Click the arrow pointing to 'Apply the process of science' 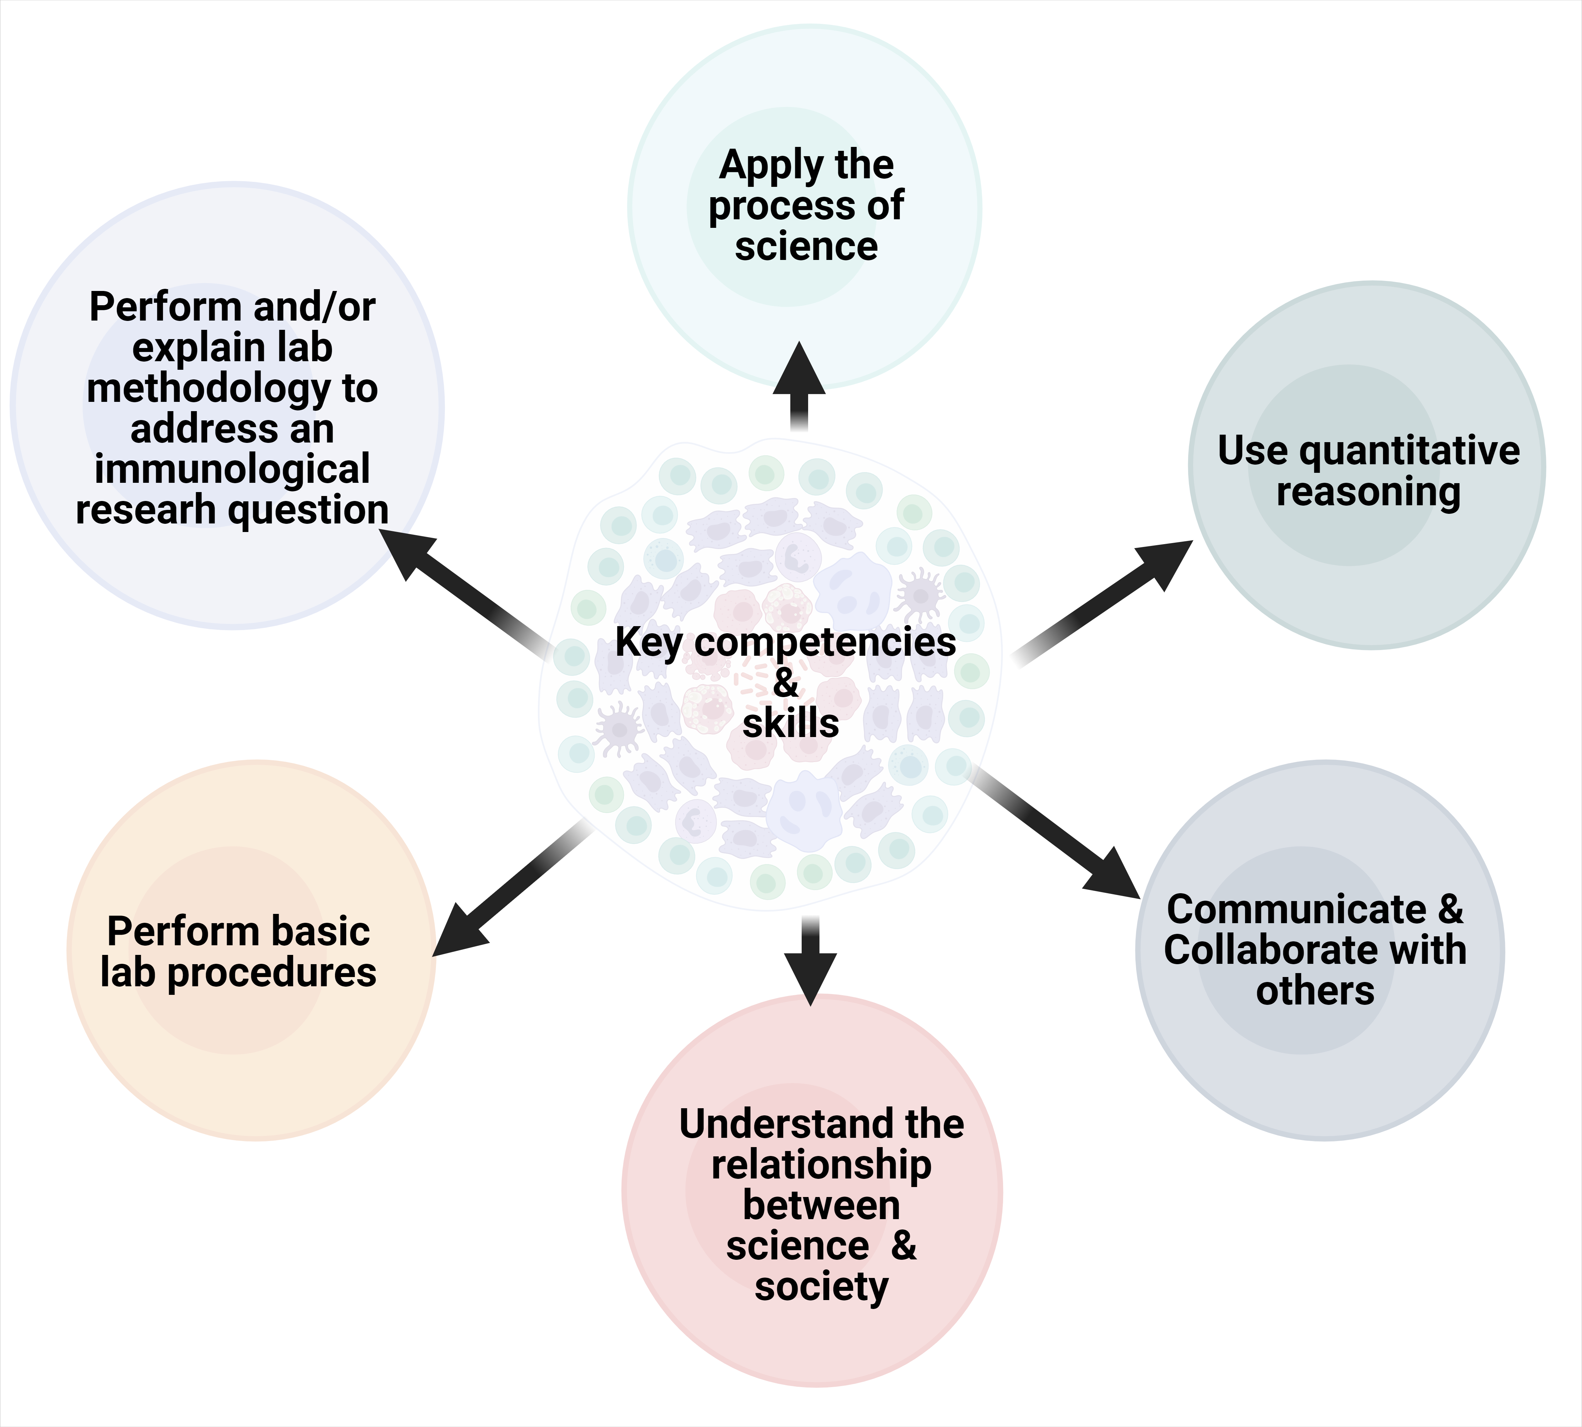point(799,384)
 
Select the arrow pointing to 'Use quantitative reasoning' point(1113,596)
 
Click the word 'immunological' point(232,469)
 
